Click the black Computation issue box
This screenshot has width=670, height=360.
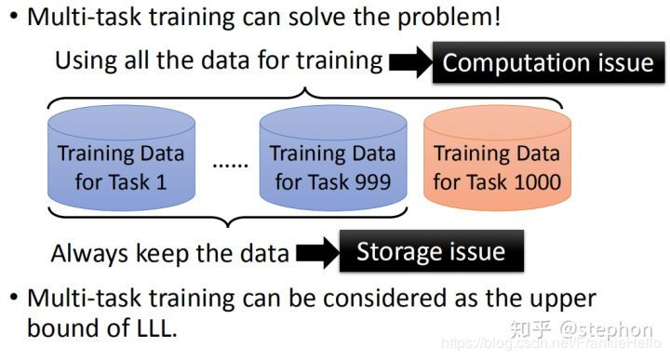coord(548,63)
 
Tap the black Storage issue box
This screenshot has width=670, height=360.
coord(431,252)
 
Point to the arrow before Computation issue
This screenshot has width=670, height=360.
coord(409,63)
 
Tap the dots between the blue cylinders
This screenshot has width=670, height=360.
coord(230,166)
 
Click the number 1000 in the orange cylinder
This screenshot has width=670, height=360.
coord(529,180)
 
